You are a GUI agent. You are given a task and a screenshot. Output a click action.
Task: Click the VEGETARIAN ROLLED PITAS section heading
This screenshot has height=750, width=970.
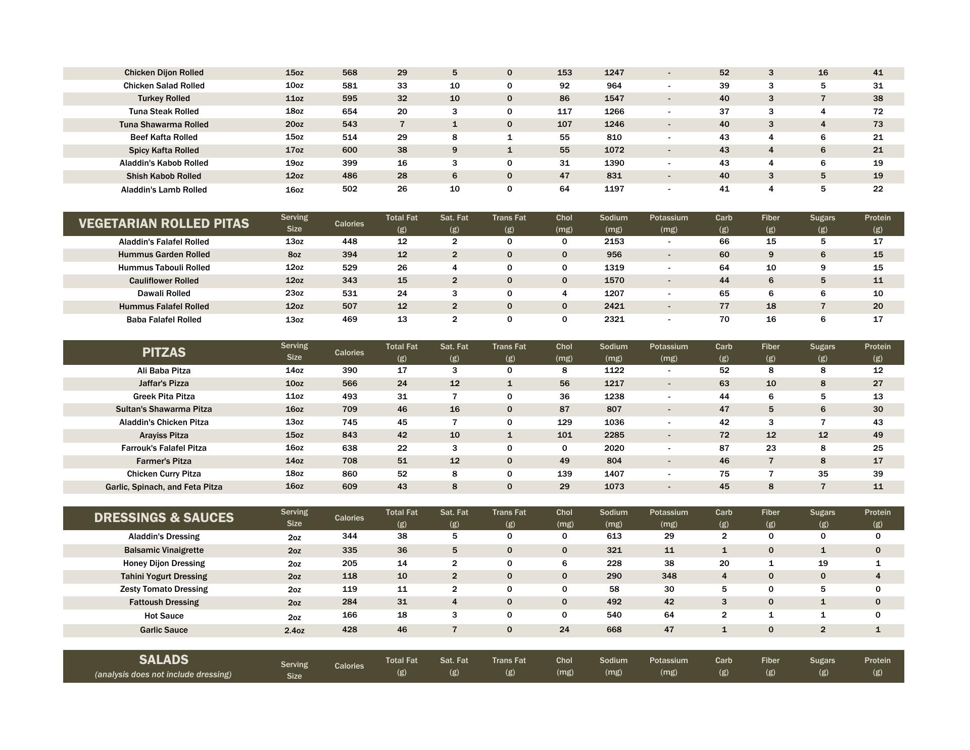tap(164, 223)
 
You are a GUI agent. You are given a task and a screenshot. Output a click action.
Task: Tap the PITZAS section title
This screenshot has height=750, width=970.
tap(164, 352)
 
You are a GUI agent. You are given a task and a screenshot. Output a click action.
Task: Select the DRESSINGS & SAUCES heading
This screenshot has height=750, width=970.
tap(164, 518)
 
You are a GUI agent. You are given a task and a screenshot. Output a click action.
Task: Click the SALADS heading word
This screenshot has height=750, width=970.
tap(164, 660)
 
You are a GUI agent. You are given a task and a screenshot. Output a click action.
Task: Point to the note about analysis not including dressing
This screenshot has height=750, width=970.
tap(163, 674)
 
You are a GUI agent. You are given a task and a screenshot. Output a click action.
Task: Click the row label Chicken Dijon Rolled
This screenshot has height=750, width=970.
tap(164, 73)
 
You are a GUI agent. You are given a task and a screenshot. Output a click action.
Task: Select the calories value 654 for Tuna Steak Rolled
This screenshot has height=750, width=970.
tap(350, 111)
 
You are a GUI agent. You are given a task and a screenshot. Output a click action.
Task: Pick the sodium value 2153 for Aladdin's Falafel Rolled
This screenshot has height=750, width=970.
tap(614, 242)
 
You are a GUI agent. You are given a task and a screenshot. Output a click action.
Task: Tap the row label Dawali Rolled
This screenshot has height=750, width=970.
tap(164, 294)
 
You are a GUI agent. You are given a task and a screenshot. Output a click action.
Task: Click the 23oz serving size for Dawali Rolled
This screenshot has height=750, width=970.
tap(294, 293)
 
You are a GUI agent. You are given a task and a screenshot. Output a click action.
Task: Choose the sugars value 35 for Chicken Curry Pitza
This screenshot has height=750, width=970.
tap(823, 474)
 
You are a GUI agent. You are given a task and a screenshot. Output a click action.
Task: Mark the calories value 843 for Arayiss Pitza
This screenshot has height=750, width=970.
tap(350, 435)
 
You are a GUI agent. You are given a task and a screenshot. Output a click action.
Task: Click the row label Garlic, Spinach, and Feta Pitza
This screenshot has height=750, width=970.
tap(164, 487)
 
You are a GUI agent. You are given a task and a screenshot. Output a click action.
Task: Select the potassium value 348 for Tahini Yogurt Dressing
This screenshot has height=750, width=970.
tap(669, 576)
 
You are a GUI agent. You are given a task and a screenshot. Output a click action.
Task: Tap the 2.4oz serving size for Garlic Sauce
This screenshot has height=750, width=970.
tap(294, 630)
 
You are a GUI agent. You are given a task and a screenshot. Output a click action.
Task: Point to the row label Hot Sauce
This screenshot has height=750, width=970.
tap(164, 616)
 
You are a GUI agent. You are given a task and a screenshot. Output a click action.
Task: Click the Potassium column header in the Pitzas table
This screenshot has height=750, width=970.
tap(669, 352)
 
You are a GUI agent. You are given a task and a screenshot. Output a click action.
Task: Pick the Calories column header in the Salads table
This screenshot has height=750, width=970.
tap(349, 666)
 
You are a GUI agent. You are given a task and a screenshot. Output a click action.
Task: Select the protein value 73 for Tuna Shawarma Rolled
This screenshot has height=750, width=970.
tap(878, 124)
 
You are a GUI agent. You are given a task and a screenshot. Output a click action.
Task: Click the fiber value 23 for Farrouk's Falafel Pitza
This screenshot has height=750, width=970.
tap(770, 448)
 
